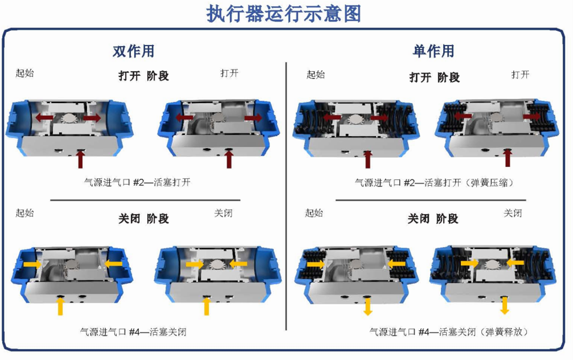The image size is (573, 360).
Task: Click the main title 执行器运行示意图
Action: point(284,14)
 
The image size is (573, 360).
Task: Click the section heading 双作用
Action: point(133,51)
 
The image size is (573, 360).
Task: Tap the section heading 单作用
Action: point(433,51)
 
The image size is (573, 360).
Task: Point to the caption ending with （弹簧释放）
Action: point(449,332)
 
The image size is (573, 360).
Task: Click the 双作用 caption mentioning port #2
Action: point(137,182)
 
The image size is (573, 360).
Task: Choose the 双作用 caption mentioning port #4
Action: point(133,332)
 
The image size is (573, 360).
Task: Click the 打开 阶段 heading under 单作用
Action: point(435,77)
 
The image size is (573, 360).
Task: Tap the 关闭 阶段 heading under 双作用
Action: point(144,219)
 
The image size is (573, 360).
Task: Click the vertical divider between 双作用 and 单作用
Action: point(286,197)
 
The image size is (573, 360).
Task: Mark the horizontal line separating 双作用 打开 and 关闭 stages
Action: point(145,201)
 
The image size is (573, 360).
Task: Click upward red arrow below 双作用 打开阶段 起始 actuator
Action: point(80,159)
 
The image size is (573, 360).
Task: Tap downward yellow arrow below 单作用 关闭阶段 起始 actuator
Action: point(367,306)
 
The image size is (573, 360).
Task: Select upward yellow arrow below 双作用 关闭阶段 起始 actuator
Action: point(60,306)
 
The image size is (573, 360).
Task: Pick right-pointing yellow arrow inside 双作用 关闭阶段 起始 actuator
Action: point(32,264)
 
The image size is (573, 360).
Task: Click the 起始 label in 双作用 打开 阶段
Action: point(25,73)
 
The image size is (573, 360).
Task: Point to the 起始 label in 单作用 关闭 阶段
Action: point(314,212)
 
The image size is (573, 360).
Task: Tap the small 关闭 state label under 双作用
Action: point(223,213)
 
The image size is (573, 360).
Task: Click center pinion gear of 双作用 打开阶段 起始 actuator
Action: point(68,118)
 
